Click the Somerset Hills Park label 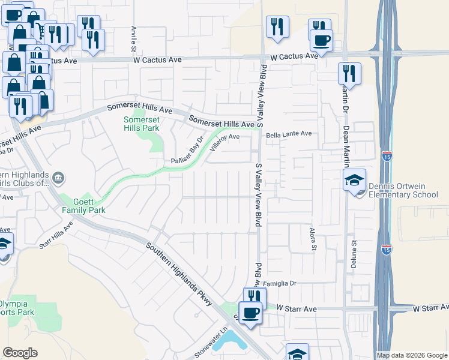pos(142,124)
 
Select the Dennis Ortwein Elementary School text pos(403,190)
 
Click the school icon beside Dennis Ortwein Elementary pos(354,179)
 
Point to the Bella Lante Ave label pos(289,134)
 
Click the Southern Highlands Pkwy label pos(180,274)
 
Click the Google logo pos(20,353)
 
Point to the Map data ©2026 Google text pos(411,355)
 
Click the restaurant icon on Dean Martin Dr pos(349,74)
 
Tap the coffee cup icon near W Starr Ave pos(250,313)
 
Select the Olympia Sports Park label pos(16,308)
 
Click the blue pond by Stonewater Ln pos(229,341)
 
